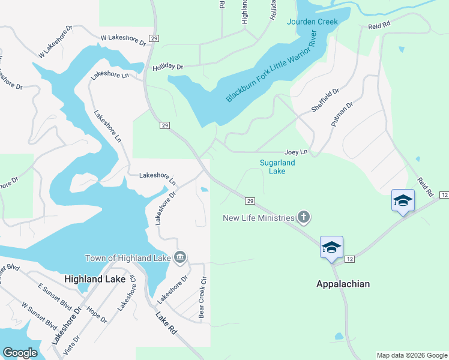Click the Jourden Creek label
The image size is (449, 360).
tap(312, 22)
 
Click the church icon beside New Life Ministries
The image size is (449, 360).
tap(304, 217)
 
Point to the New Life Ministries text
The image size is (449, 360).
tap(259, 218)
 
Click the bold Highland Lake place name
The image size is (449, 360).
tap(95, 279)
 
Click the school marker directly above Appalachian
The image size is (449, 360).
tap(331, 247)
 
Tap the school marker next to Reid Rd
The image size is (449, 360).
tap(402, 201)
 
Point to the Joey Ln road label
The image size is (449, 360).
tap(296, 152)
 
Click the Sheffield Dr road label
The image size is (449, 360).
tap(325, 100)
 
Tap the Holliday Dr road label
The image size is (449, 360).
tap(167, 67)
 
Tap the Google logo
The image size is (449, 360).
tap(19, 353)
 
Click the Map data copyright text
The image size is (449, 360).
tap(411, 355)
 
